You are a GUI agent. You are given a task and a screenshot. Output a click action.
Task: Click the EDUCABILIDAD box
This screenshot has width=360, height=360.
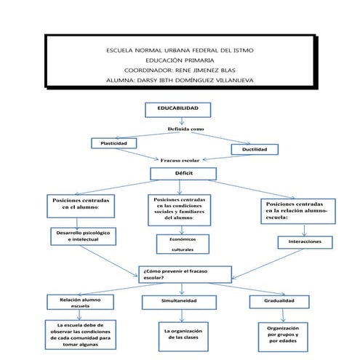(179, 111)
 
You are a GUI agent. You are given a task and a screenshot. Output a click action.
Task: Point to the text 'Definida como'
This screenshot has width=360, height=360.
(186, 129)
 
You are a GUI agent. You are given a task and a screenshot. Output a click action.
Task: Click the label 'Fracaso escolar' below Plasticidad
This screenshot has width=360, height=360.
(180, 159)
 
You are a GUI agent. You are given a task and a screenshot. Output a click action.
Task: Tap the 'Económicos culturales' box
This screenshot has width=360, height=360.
(183, 243)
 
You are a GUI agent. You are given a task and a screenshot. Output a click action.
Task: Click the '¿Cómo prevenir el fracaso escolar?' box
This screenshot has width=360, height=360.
(184, 273)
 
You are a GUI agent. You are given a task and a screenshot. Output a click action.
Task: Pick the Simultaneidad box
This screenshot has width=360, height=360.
(183, 300)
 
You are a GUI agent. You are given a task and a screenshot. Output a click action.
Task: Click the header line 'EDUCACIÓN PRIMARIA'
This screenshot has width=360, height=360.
(179, 60)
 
